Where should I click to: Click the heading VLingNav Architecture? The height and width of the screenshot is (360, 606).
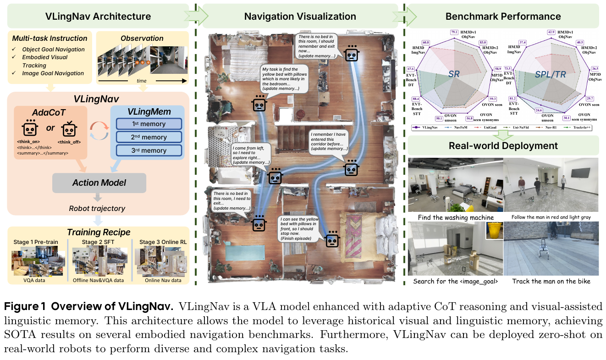point(98,17)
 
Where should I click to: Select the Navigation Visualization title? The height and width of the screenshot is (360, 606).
point(300,17)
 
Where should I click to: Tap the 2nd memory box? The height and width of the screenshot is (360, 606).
point(149,137)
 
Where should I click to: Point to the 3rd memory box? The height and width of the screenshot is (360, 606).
point(149,150)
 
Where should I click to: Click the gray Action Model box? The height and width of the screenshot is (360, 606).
point(99,183)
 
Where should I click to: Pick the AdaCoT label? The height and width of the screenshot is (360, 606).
point(49,113)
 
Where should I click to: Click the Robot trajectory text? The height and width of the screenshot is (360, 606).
point(97,208)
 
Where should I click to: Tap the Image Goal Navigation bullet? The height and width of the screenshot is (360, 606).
point(53,73)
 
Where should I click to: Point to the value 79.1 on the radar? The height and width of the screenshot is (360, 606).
point(454,32)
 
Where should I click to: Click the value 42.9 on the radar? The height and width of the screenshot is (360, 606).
point(551,32)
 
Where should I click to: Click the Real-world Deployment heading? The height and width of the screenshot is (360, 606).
point(503,146)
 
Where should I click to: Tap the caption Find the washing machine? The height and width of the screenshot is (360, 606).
point(455,217)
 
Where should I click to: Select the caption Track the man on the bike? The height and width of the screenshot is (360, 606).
point(551,281)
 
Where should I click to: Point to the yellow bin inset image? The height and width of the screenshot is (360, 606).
point(494,231)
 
